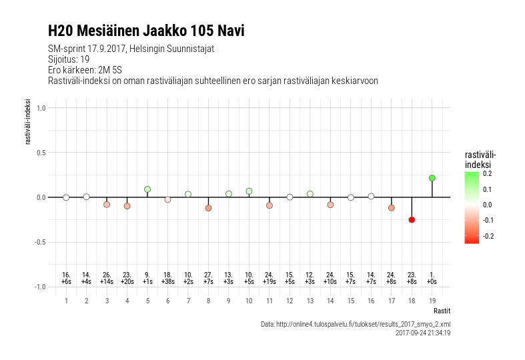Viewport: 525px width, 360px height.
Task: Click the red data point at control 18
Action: click(412, 220)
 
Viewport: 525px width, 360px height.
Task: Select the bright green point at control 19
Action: click(432, 178)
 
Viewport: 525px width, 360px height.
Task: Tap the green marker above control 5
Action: click(147, 189)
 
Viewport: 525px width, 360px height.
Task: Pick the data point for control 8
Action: click(208, 208)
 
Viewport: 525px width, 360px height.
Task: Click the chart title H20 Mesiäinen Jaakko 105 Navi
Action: click(146, 31)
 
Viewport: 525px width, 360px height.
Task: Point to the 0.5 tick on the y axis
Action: click(40, 153)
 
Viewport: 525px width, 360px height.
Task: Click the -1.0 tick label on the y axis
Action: click(39, 287)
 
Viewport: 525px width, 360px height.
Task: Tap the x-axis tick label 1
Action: click(66, 301)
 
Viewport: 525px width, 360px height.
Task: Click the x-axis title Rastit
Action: click(442, 311)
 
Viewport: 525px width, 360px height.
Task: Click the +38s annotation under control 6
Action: click(167, 282)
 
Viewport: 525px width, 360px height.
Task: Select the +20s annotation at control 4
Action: click(127, 282)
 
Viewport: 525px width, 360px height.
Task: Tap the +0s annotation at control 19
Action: click(432, 282)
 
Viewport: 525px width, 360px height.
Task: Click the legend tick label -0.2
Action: click(488, 236)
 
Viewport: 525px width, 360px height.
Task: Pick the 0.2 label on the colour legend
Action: click(488, 174)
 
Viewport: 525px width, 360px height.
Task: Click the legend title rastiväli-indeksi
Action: click(480, 159)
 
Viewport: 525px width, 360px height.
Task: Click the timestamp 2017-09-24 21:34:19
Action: click(422, 332)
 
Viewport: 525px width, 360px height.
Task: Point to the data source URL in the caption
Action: click(355, 324)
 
